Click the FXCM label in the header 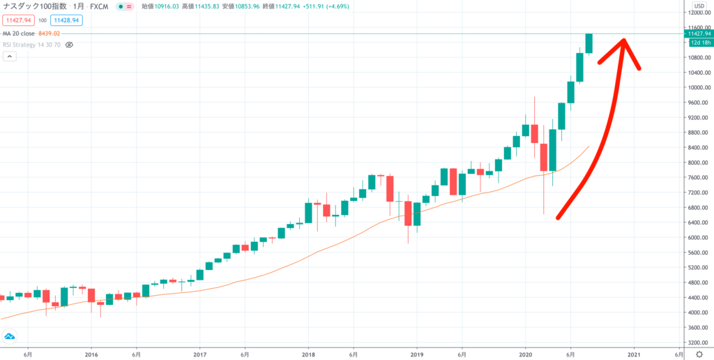pos(98,6)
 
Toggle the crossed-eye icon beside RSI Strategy pos(69,44)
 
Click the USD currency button pos(698,6)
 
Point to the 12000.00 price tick pos(698,13)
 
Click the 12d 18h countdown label pos(699,43)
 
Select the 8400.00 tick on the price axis pos(698,147)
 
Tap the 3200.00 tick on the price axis pos(698,342)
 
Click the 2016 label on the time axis pos(91,354)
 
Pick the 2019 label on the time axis pos(416,354)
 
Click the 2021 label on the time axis pos(633,354)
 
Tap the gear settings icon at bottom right pos(699,354)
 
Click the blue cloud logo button pos(10,337)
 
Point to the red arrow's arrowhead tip pos(624,39)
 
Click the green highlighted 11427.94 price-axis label pos(699,33)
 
